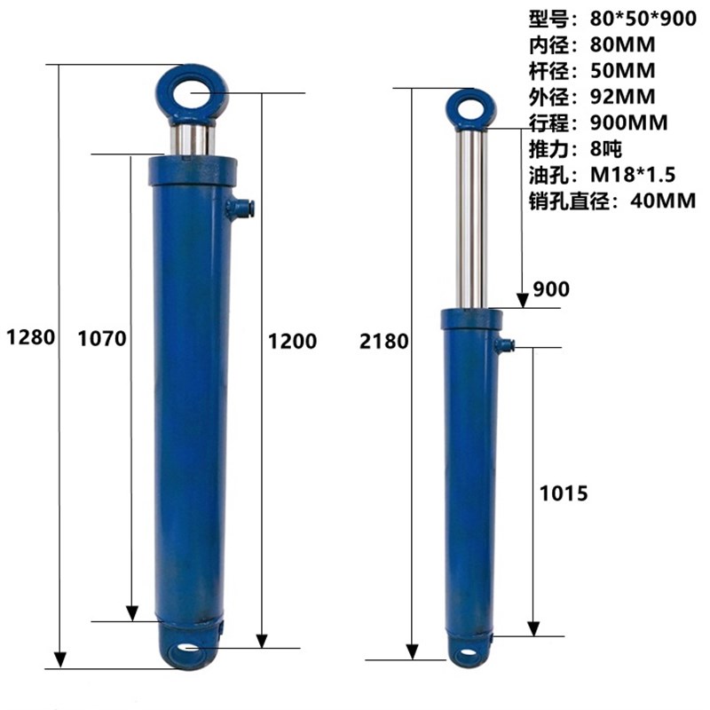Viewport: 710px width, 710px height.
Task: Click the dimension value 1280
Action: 31,337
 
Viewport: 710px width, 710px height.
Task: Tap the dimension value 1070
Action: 102,339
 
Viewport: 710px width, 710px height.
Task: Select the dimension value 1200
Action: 293,341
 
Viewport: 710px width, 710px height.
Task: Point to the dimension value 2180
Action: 384,341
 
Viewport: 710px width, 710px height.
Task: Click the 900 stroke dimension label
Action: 551,289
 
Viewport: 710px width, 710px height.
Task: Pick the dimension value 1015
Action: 564,493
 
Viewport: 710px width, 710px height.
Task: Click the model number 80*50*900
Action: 643,19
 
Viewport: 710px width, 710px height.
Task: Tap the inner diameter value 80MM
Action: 623,45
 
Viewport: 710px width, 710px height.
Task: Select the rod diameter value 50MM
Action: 623,71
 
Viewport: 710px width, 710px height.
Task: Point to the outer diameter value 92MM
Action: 623,97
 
